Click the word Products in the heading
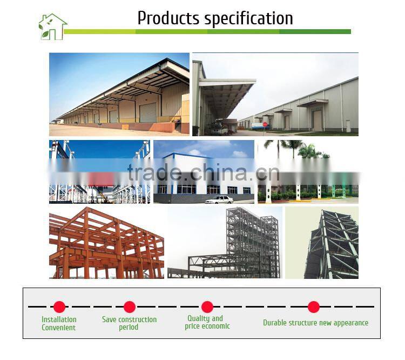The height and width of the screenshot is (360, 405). tap(168, 18)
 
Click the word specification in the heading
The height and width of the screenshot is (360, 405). tap(248, 19)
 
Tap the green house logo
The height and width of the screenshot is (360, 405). tap(52, 26)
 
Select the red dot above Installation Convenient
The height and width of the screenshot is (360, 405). tap(59, 307)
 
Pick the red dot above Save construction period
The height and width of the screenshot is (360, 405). tap(130, 307)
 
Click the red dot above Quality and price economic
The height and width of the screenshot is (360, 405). tap(207, 307)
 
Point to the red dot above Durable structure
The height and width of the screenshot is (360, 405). tap(314, 307)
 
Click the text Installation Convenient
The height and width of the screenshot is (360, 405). tap(59, 323)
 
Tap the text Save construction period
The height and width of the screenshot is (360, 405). tap(129, 323)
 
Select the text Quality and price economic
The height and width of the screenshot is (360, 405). tap(207, 322)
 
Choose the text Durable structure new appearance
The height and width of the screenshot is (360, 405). tap(315, 323)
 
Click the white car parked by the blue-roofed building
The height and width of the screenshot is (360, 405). tap(219, 199)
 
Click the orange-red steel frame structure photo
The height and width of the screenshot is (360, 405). tap(106, 243)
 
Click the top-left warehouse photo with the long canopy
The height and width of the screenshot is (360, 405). tap(119, 94)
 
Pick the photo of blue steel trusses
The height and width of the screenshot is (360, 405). tap(99, 171)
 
